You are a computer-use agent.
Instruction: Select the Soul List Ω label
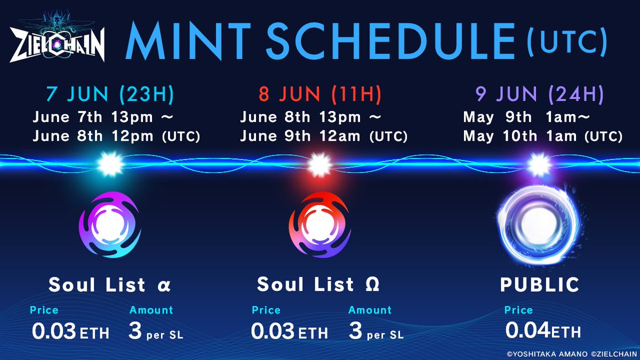(x=318, y=285)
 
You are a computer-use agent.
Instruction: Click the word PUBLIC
(x=540, y=285)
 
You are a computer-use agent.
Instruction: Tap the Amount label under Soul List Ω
(x=370, y=310)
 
